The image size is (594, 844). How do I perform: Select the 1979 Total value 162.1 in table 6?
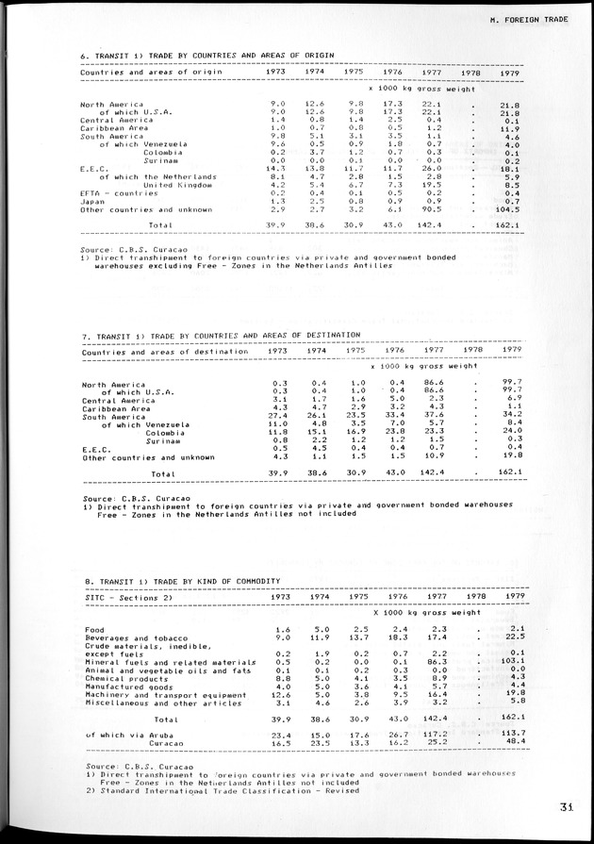click(510, 225)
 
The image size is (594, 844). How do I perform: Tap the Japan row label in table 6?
click(91, 201)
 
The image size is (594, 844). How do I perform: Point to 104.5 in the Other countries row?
click(510, 209)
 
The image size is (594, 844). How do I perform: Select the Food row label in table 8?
click(93, 628)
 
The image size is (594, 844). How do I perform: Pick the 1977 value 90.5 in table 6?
click(433, 209)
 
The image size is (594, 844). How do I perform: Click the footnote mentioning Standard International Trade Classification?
click(223, 790)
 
